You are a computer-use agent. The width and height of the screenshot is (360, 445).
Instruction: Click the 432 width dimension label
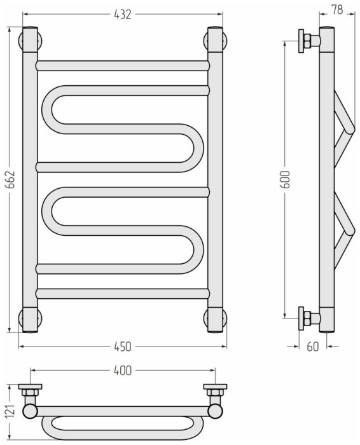pos(123,15)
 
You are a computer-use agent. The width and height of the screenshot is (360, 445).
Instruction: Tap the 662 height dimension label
pos(10,180)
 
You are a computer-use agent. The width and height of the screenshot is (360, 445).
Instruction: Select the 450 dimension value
pos(123,346)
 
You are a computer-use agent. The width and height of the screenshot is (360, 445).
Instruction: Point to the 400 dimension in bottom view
pos(123,371)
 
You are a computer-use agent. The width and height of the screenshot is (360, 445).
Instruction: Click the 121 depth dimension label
pos(10,411)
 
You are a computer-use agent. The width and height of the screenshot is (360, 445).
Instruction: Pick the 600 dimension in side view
pos(285,180)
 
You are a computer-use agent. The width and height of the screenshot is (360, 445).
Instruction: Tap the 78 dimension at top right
pos(337,10)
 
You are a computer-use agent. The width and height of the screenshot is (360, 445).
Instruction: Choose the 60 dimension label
pos(313,346)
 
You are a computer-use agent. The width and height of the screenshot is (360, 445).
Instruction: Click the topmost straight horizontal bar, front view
pos(123,66)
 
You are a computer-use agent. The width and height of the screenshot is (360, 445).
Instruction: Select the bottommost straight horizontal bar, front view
pos(123,294)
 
